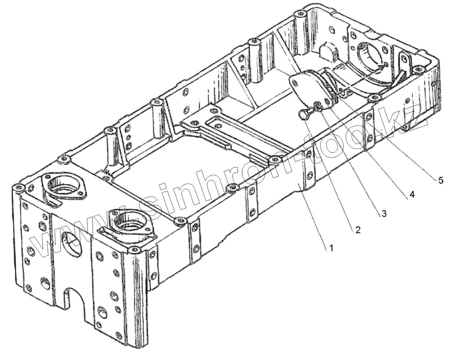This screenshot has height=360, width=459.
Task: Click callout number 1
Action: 331,248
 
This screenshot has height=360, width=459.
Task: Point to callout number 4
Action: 412,195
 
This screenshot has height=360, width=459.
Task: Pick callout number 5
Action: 441,180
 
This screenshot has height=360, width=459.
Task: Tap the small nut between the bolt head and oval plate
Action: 317,105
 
